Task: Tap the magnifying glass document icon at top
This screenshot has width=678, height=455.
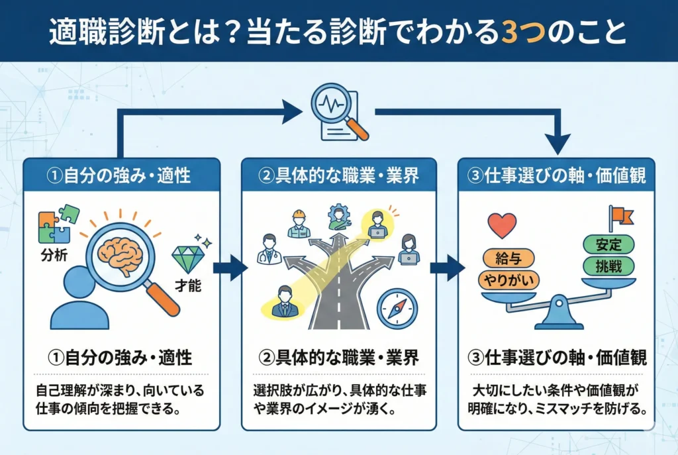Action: (339, 113)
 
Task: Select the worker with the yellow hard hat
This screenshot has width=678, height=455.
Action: (299, 223)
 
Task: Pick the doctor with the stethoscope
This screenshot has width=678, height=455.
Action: (269, 248)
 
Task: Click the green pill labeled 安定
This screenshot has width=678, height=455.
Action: (607, 243)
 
